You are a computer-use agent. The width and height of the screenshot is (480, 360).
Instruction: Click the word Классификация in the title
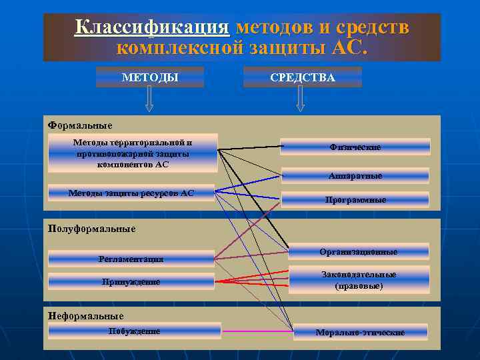151,27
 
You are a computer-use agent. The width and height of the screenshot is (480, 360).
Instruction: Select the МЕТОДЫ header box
150,77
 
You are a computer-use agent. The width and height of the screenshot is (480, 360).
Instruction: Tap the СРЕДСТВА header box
303,77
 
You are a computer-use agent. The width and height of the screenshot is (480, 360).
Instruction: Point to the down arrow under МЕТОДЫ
149,99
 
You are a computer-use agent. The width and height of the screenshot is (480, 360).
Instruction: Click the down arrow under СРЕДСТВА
301,99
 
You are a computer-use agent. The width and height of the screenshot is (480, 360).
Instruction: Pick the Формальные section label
81,125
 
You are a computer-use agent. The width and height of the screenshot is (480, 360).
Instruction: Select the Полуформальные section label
92,229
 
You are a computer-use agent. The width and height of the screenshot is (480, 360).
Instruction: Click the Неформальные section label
86,315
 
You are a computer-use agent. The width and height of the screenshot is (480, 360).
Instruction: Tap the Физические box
355,147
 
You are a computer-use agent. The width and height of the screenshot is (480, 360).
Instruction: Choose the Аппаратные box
355,176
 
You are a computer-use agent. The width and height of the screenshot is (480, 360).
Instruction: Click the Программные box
355,199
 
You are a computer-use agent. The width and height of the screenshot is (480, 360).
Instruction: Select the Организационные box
358,251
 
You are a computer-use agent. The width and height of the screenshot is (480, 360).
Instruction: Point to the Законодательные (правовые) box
358,280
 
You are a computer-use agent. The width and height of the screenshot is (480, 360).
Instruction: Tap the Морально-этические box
360,332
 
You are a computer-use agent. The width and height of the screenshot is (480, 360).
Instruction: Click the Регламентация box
131,259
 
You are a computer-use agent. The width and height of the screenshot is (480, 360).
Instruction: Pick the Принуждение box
131,281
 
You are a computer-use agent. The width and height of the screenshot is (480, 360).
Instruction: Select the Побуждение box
134,331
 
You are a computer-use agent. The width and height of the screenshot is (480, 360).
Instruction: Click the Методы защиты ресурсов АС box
131,193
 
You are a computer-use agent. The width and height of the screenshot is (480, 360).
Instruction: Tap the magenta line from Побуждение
257,331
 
